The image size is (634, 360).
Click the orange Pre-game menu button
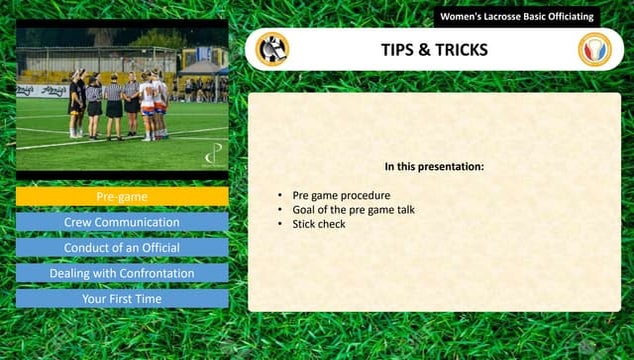point(122,196)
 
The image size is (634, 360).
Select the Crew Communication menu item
point(122,222)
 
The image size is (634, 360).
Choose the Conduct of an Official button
point(122,247)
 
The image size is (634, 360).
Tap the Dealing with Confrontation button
point(122,273)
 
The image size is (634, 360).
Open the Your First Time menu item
point(122,298)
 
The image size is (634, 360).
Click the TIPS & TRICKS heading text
point(434,50)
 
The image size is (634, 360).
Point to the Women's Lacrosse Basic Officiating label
point(516,17)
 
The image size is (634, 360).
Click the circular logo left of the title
point(271,49)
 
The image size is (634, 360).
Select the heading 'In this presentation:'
point(434,166)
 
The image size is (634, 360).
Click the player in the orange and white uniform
point(148,105)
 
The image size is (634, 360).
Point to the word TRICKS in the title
point(461,50)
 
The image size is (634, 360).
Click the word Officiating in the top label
point(570,17)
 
